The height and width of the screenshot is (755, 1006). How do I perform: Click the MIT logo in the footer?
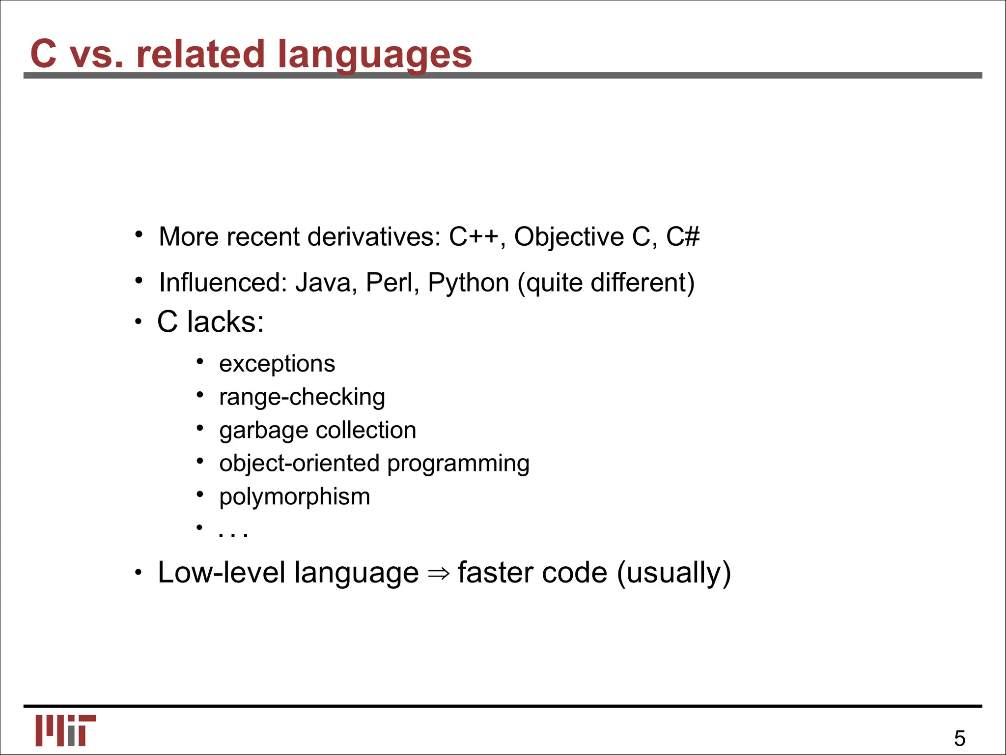[65, 730]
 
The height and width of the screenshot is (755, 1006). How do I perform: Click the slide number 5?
[959, 739]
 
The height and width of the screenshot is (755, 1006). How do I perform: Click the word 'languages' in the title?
[375, 54]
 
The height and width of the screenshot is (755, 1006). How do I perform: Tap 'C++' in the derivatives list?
[475, 237]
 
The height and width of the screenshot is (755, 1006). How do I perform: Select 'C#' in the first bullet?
[683, 237]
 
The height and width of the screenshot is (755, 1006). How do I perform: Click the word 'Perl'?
[391, 283]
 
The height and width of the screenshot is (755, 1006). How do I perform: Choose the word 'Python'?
[469, 284]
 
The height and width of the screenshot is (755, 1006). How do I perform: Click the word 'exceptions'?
[277, 364]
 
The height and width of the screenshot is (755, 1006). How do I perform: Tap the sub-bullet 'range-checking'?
[302, 397]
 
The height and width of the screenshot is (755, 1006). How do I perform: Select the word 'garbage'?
[257, 431]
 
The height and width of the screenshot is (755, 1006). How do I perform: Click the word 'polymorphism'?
[295, 497]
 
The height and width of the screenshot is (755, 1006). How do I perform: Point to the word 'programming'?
[458, 464]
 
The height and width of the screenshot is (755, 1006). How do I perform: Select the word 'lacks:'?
[225, 322]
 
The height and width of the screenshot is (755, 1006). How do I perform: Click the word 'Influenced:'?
[223, 283]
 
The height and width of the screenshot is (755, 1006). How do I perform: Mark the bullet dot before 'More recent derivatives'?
[140, 234]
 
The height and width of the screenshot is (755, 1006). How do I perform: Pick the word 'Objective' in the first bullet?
[569, 237]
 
